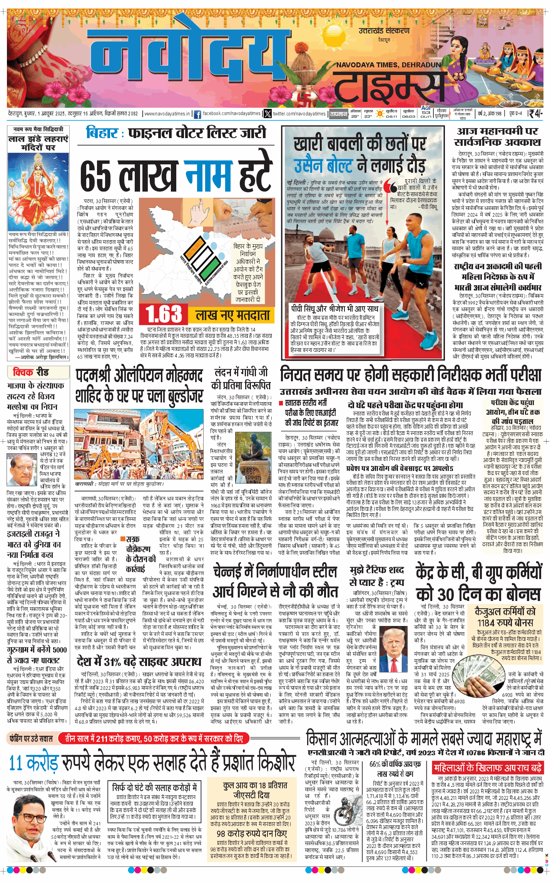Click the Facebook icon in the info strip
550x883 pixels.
coord(197,114)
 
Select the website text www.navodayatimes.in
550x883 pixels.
coord(167,114)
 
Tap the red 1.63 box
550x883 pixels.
coord(164,314)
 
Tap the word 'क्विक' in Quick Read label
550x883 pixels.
coord(23,372)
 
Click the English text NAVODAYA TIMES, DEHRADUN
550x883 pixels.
coord(388,65)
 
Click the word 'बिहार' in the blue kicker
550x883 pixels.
coord(102,133)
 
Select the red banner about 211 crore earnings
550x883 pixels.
coord(154,738)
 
